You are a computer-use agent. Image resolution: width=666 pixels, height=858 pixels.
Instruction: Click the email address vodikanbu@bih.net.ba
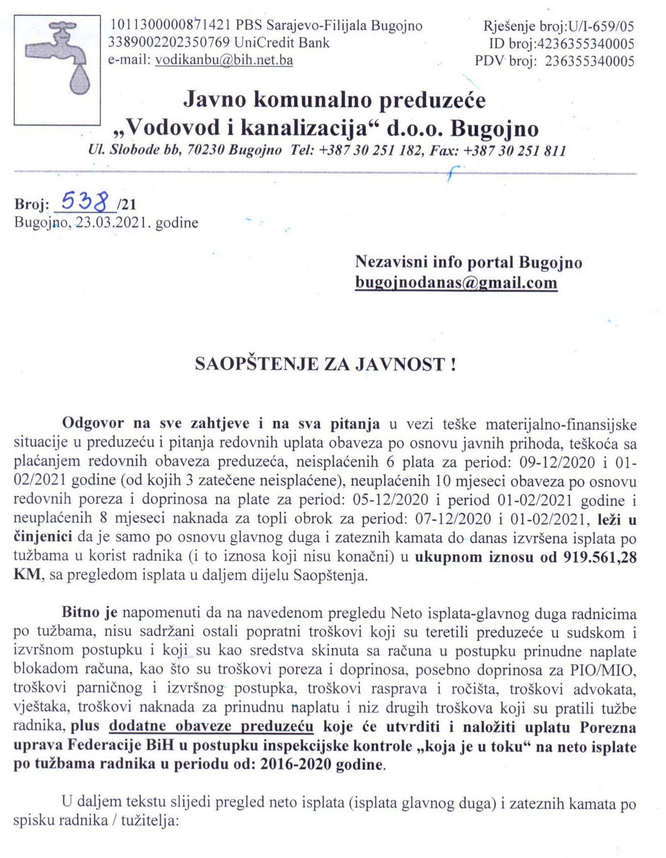coord(224,60)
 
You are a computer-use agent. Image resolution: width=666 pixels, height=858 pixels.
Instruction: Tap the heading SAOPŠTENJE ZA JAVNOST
coord(325,364)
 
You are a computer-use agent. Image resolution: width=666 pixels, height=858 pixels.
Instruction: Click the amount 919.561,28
coord(600,557)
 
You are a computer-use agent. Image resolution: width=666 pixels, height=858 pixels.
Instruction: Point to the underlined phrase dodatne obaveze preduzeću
coord(211,727)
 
